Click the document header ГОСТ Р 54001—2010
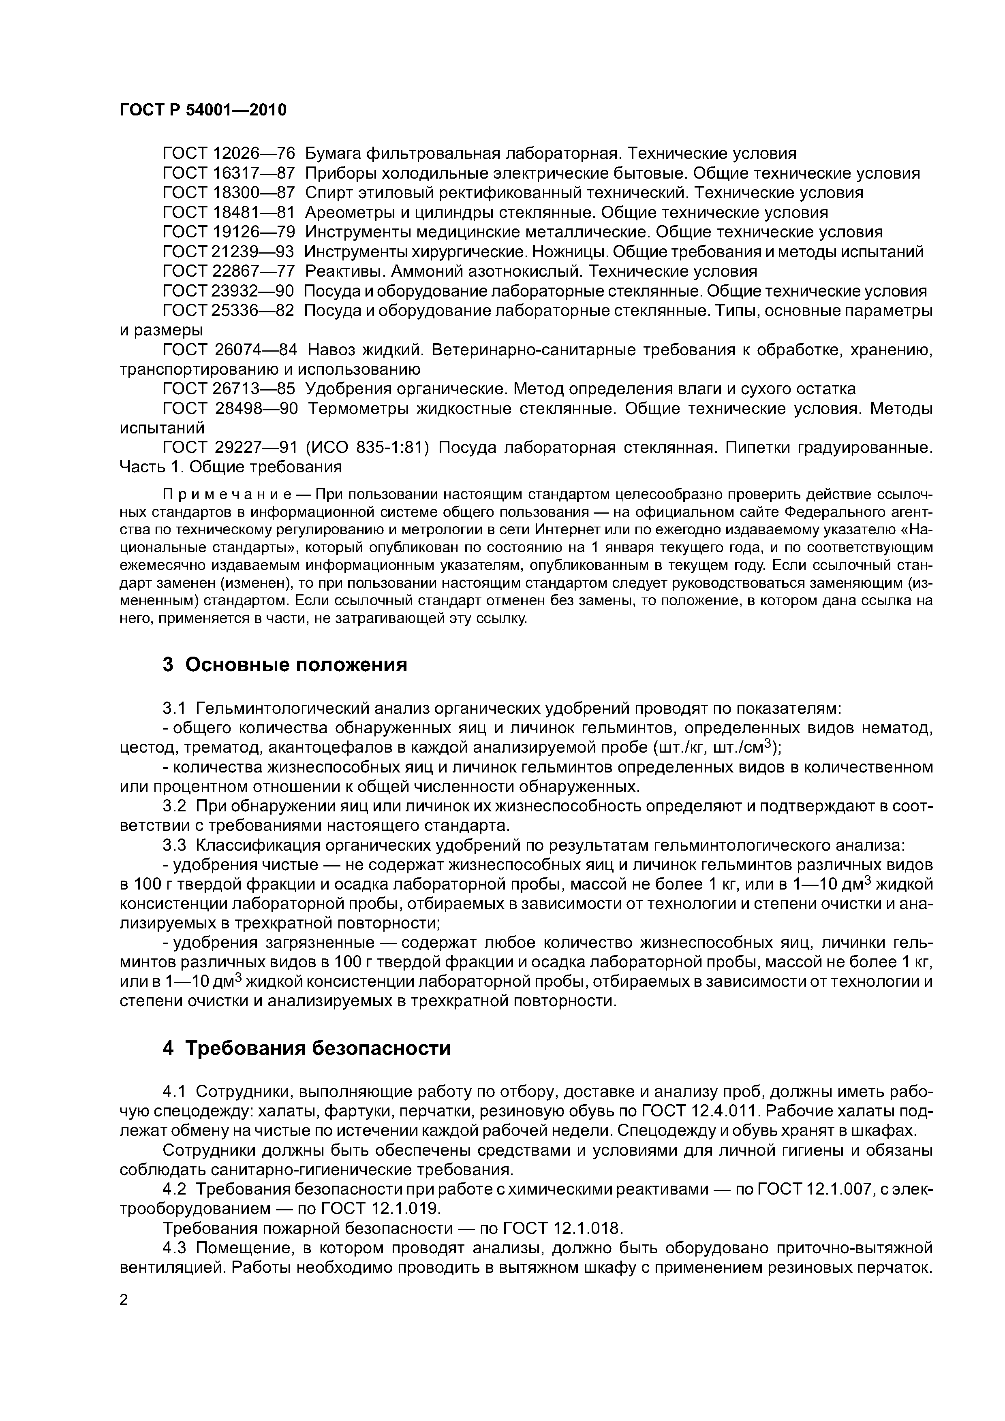pos(203,110)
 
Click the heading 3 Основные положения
pos(285,665)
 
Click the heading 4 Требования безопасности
pos(306,1048)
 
